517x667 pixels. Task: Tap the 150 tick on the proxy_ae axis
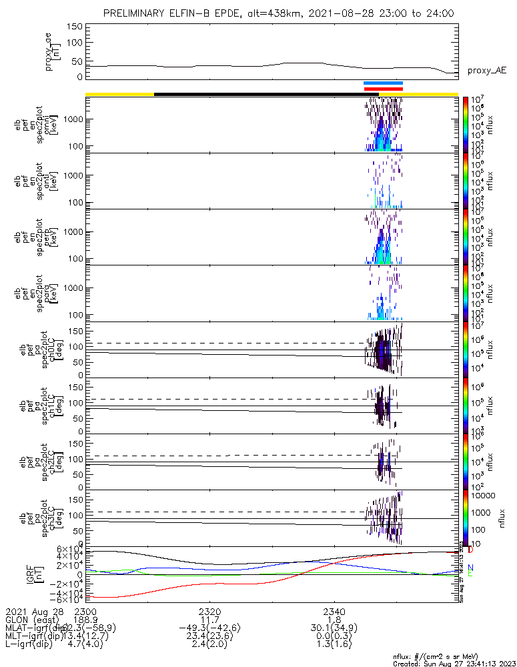tap(75, 27)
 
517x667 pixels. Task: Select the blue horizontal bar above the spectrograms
tap(383, 83)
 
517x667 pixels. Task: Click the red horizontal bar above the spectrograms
tap(383, 89)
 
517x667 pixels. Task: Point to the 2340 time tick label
tap(334, 612)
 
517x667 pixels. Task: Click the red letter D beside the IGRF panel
tap(470, 550)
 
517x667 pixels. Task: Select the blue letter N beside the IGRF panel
tap(470, 567)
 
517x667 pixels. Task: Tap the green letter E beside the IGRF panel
tap(470, 574)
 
